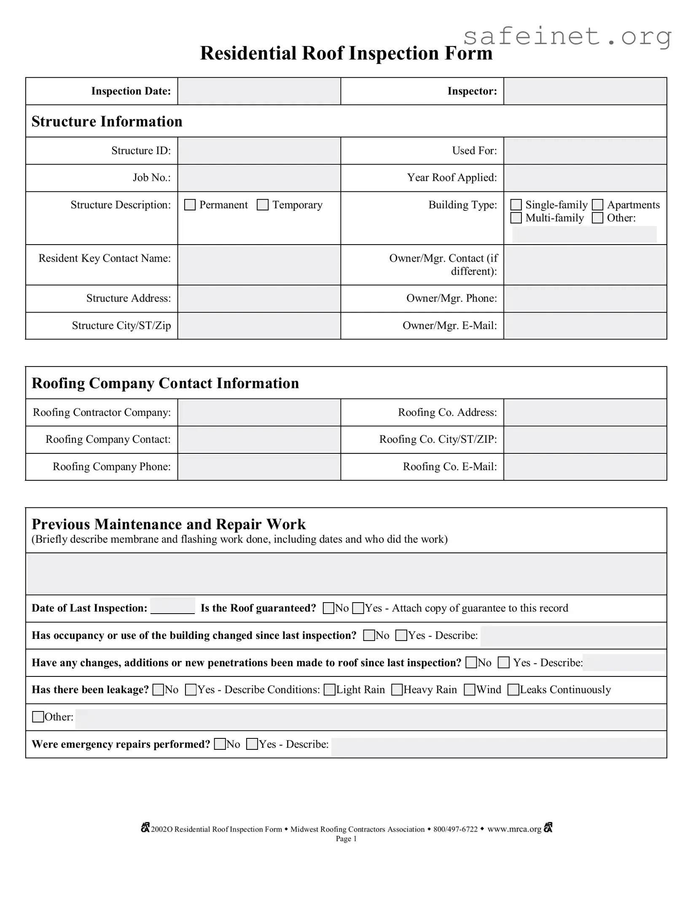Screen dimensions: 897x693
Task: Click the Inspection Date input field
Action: click(x=259, y=91)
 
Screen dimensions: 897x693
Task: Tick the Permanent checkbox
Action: click(x=190, y=205)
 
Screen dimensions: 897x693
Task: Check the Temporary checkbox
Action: click(x=263, y=205)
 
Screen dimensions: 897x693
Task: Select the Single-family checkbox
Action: click(x=516, y=205)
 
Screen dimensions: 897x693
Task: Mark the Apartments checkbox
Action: click(x=597, y=205)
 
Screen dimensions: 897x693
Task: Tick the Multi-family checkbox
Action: click(x=516, y=218)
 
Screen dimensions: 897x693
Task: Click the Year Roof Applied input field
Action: click(x=585, y=178)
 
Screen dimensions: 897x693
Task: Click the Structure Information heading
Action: click(x=107, y=121)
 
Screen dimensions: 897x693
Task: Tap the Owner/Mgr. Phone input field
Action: click(x=585, y=299)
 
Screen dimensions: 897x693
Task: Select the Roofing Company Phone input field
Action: click(x=259, y=467)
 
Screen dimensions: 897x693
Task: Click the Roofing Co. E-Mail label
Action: click(x=450, y=466)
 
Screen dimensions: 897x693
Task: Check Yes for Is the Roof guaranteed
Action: click(x=358, y=608)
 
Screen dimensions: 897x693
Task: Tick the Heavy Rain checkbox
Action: click(x=397, y=690)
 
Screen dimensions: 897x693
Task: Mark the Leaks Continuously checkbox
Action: click(x=513, y=690)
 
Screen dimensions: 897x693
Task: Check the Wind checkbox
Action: click(x=469, y=690)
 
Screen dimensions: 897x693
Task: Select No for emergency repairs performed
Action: click(x=220, y=744)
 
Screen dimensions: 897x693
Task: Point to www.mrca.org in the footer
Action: click(x=514, y=829)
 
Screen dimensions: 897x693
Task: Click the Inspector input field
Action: click(x=585, y=91)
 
